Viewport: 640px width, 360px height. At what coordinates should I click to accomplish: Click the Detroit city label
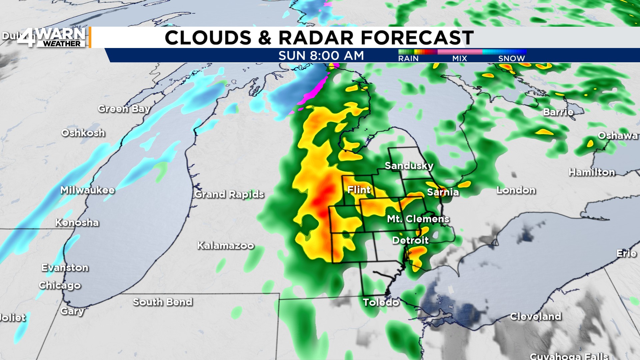(x=410, y=240)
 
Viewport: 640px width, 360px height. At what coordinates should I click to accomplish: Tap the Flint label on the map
(x=359, y=190)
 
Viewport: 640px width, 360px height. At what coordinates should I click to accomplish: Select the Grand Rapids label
(x=229, y=194)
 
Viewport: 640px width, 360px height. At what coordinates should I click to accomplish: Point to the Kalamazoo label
(x=226, y=246)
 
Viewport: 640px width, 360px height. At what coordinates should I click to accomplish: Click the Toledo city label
(x=381, y=302)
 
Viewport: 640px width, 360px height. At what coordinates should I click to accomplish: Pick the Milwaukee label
(x=87, y=190)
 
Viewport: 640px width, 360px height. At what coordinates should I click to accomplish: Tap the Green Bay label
(x=124, y=109)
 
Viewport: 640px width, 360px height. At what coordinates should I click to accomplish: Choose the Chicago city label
(x=60, y=285)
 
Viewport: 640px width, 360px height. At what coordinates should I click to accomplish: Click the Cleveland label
(x=536, y=316)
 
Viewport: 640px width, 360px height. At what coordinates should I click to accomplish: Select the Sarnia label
(x=443, y=192)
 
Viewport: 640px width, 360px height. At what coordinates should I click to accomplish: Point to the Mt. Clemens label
(x=418, y=219)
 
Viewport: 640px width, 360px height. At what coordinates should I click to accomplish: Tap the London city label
(x=516, y=190)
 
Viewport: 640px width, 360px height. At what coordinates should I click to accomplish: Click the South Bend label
(x=163, y=302)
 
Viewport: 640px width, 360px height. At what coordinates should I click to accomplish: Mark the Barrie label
(x=558, y=112)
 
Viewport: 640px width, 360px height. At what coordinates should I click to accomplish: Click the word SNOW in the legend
(x=512, y=58)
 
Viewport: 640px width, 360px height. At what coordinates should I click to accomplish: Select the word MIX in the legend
(x=460, y=58)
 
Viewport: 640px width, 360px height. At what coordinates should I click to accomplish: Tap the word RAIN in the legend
(x=408, y=58)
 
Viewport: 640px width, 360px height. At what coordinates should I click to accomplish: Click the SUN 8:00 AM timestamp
(x=321, y=56)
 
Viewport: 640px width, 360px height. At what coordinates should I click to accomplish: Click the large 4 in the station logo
(x=27, y=37)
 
